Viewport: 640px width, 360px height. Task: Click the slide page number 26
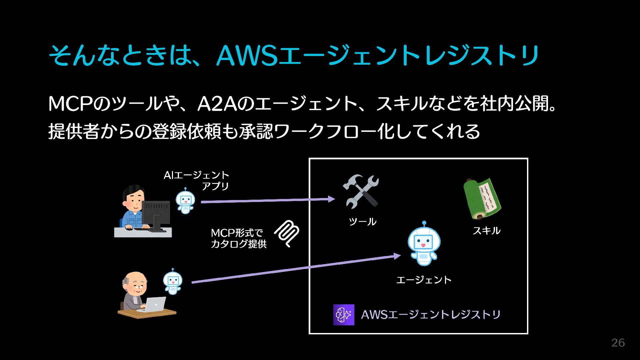[618, 343]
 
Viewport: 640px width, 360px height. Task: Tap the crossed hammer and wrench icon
[361, 191]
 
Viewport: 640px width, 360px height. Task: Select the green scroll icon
[482, 199]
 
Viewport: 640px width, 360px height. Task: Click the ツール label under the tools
[362, 222]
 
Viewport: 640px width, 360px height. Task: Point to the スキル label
[486, 230]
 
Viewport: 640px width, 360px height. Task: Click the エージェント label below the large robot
[424, 280]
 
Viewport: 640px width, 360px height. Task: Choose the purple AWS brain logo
[344, 315]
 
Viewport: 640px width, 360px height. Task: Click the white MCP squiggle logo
[287, 234]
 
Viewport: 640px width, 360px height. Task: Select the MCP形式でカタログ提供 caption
[238, 238]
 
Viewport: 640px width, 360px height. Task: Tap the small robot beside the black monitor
[185, 201]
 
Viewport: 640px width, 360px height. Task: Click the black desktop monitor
[156, 213]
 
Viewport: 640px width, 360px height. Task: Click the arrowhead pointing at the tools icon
[331, 199]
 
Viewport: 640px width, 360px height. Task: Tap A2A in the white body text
[217, 104]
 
